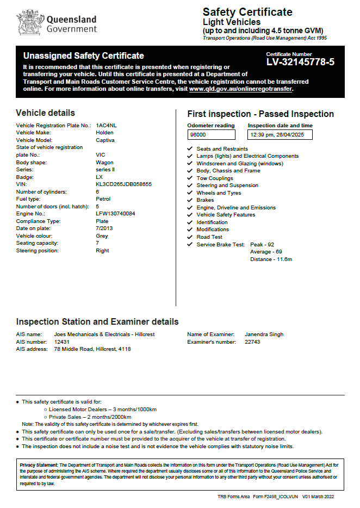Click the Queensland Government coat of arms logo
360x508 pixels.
click(29, 22)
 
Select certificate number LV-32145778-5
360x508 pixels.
click(300, 62)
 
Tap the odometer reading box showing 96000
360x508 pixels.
click(214, 134)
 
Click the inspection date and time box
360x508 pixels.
click(280, 134)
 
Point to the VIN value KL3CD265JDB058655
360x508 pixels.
click(123, 184)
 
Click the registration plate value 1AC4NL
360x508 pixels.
click(106, 126)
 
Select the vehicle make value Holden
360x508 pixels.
click(104, 133)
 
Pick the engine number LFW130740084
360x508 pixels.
click(115, 214)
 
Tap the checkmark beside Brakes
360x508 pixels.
click(189, 200)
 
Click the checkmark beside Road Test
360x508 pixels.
click(189, 237)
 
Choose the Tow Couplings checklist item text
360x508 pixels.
click(214, 178)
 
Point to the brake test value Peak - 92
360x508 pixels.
click(262, 245)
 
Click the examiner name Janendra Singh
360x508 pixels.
click(264, 334)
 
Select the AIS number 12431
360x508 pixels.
click(63, 342)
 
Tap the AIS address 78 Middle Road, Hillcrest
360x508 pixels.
click(92, 349)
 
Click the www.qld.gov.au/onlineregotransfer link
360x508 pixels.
click(241, 89)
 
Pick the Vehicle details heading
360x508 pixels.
click(46, 113)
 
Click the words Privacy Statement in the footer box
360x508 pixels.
click(38, 465)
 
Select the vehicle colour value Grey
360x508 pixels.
click(102, 236)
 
